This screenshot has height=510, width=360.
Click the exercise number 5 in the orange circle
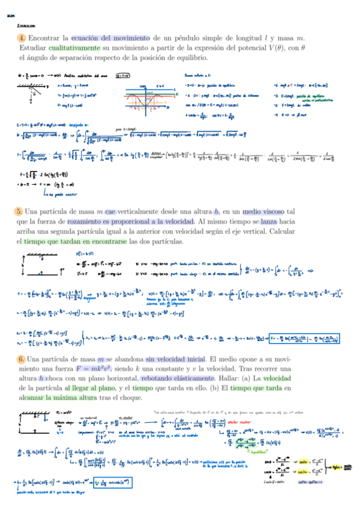click(x=20, y=212)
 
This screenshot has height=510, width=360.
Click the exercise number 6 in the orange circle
click(x=20, y=360)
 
